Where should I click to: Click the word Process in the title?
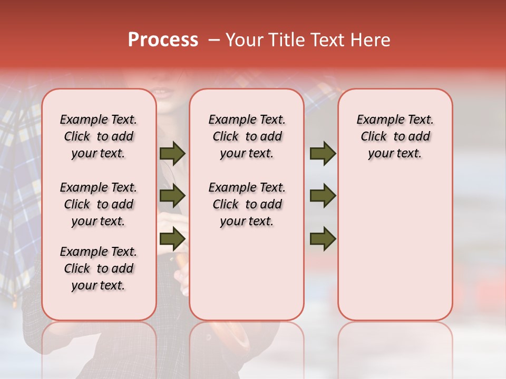coord(163,40)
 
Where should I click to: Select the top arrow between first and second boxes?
coord(172,154)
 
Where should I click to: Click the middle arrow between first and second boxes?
coord(172,196)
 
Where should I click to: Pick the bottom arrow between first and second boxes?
coord(172,239)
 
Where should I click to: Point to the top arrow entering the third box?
coord(323,154)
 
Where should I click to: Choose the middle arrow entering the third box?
coord(323,196)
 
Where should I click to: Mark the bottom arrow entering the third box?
coord(323,239)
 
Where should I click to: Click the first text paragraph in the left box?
coord(99,137)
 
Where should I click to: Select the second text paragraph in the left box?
coord(99,204)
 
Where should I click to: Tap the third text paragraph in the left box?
coord(99,268)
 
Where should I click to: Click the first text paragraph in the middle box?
coord(247,137)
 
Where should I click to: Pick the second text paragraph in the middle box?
coord(247,204)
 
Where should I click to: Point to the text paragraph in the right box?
coord(395,137)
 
